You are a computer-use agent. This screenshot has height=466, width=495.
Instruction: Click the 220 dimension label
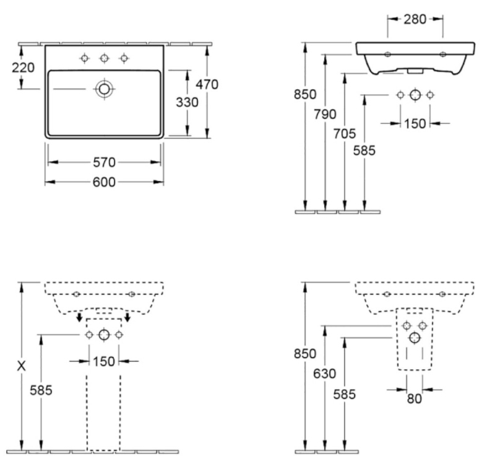coord(24,67)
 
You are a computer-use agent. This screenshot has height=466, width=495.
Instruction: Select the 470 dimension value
coord(206,84)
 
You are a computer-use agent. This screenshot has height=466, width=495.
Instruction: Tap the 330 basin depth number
coord(186,102)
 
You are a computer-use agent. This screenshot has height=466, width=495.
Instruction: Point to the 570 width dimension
coord(105,162)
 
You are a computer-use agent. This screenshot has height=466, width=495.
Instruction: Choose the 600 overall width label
coord(105,182)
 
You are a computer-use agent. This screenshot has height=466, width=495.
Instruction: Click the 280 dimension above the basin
coord(415,19)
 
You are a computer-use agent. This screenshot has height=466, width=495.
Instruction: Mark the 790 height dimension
coord(325,114)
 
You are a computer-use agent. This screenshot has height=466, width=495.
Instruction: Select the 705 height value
coord(344,133)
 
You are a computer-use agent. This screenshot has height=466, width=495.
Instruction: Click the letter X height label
coord(21,366)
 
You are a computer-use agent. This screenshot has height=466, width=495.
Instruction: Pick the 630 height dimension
coord(325,373)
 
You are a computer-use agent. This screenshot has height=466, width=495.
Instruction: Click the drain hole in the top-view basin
coord(105,89)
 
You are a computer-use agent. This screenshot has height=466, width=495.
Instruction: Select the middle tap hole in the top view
coord(105,58)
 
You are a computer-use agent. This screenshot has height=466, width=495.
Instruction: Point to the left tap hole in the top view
coord(85,58)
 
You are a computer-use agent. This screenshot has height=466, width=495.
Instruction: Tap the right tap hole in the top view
coord(124,58)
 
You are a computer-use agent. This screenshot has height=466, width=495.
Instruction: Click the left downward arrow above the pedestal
coord(79,318)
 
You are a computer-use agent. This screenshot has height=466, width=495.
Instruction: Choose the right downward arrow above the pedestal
coord(127,318)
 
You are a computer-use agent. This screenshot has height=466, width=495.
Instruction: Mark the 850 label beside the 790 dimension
coord(306,94)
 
